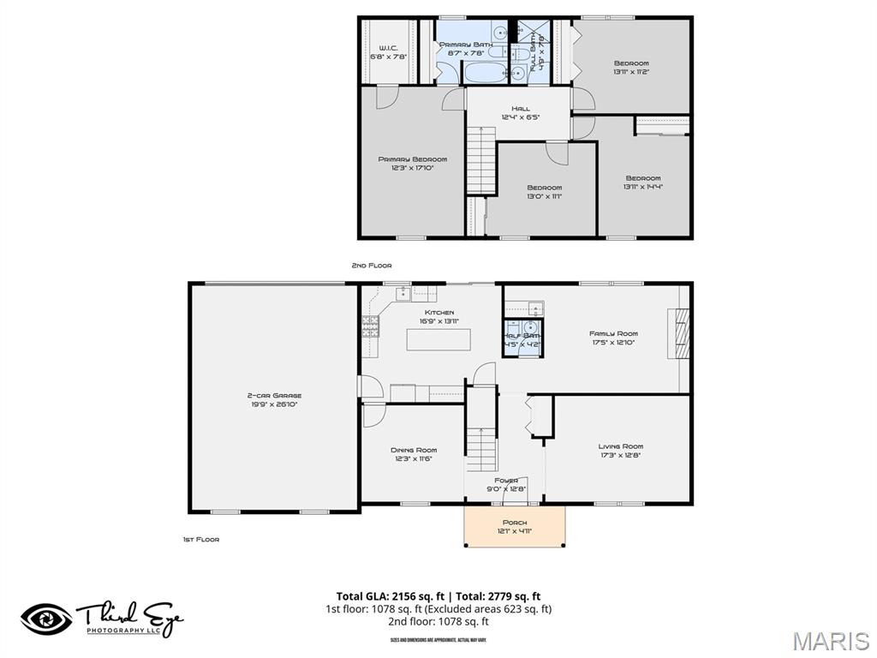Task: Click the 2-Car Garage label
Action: [274, 396]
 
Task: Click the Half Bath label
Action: [522, 336]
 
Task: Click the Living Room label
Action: [620, 446]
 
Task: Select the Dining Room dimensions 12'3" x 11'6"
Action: [414, 458]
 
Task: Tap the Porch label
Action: [515, 522]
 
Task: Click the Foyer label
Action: [505, 481]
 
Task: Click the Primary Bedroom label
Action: [413, 159]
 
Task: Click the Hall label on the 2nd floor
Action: [520, 109]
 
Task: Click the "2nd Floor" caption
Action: [371, 266]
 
